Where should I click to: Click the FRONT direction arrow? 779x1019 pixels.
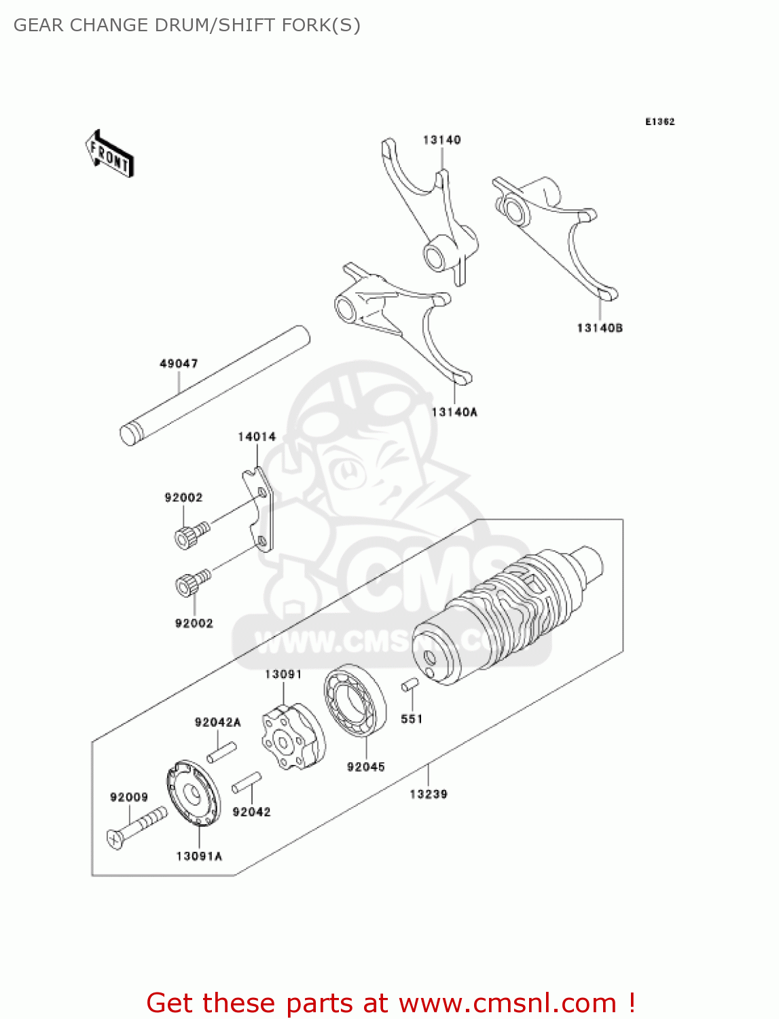point(109,154)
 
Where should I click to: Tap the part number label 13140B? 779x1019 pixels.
point(600,328)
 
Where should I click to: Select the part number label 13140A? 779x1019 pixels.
point(454,412)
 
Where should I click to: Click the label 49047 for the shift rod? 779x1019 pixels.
point(179,363)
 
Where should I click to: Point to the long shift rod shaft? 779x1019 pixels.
point(215,385)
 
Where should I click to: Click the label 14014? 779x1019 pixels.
point(257,437)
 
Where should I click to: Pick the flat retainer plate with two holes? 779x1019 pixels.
point(261,509)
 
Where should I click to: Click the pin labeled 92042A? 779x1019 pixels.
point(221,752)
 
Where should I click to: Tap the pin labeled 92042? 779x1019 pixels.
point(247,782)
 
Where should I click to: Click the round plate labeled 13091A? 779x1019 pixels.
point(193,793)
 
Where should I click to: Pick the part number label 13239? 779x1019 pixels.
point(429,793)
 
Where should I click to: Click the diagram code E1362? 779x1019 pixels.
point(659,122)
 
